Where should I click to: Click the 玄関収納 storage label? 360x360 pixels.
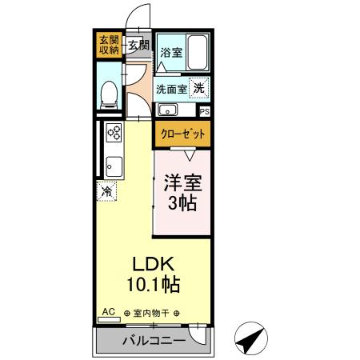109,44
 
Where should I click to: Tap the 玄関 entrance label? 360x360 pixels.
138,45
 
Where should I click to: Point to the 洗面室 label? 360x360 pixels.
172,89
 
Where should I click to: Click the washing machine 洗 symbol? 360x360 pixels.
198,88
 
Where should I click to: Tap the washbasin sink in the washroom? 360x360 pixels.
170,110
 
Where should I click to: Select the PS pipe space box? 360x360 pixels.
204,111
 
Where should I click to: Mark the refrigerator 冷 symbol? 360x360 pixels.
107,192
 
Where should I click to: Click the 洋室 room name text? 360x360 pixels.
183,182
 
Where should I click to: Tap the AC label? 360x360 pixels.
107,313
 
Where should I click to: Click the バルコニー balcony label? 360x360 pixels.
154,341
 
